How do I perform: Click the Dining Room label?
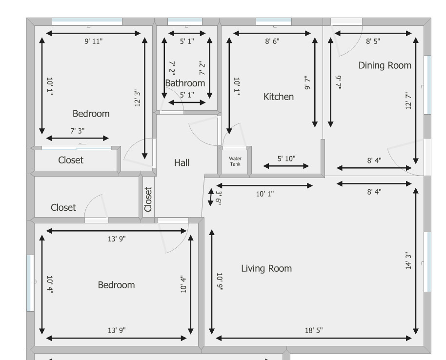click(x=385, y=65)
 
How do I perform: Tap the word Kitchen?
click(x=279, y=97)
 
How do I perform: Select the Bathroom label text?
click(x=185, y=83)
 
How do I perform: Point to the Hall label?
click(x=182, y=162)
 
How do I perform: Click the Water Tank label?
click(x=235, y=161)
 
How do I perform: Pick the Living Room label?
click(x=266, y=268)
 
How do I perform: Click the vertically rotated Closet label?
click(x=148, y=199)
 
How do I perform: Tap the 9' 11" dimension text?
click(x=94, y=41)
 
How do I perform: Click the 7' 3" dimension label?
click(x=78, y=131)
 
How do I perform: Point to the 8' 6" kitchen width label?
click(x=272, y=41)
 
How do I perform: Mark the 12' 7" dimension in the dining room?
click(x=408, y=100)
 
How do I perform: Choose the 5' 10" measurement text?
click(x=286, y=159)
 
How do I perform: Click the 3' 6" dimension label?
click(x=219, y=198)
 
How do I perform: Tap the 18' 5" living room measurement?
click(x=314, y=330)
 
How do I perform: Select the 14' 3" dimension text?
click(x=408, y=260)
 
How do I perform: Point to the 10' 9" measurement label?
click(x=219, y=282)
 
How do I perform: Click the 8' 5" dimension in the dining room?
click(x=373, y=41)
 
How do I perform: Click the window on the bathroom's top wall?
click(x=185, y=21)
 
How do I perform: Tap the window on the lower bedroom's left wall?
click(x=30, y=283)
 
